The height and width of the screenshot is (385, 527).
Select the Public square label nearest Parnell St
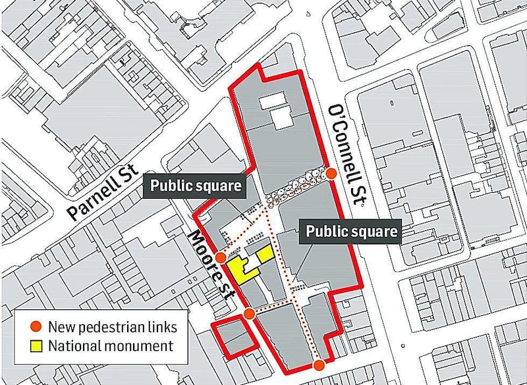tap(195, 186)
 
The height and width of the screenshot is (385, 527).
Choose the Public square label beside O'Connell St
tap(350, 231)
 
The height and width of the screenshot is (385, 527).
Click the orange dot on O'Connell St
tap(331, 174)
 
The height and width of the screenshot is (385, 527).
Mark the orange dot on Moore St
tap(248, 314)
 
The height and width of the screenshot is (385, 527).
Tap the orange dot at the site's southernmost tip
tap(319, 366)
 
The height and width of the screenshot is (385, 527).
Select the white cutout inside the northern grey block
tap(277, 109)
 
